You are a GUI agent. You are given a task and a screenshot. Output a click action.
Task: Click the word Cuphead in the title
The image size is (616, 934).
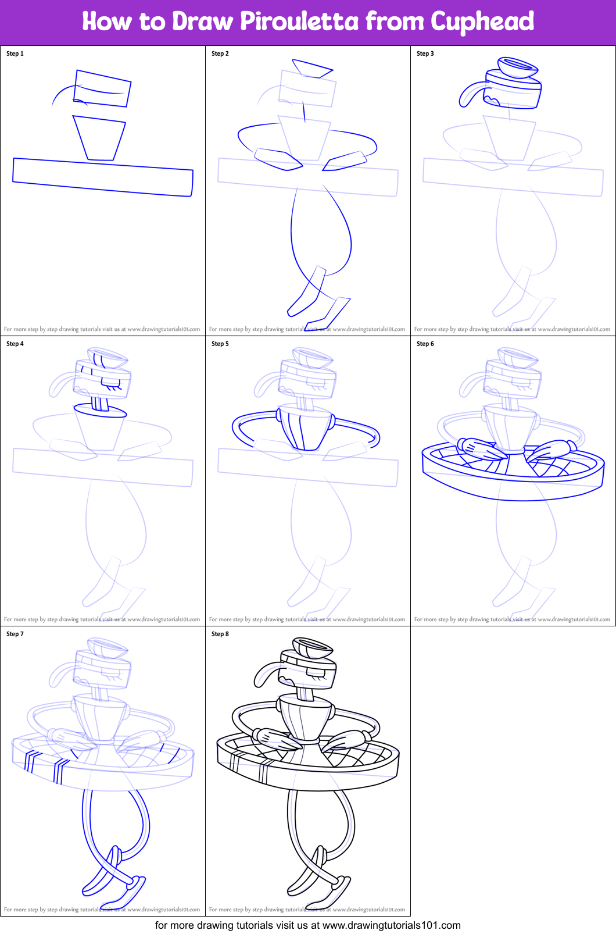(x=482, y=22)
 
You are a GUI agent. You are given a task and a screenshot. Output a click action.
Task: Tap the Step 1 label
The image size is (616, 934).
(x=15, y=54)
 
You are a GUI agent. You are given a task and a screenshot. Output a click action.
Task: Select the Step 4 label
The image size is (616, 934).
(x=15, y=344)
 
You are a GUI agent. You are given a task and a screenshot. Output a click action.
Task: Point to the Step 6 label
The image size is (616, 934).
(x=425, y=344)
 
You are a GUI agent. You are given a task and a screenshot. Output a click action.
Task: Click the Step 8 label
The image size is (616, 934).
(x=220, y=634)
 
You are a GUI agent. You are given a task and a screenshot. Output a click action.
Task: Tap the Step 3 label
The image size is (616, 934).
(x=425, y=54)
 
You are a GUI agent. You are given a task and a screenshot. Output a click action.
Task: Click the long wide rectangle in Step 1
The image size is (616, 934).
(x=103, y=177)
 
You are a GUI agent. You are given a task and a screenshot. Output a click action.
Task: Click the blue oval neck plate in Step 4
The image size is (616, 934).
(x=101, y=411)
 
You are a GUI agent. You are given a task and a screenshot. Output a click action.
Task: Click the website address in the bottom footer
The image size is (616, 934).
(x=391, y=925)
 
